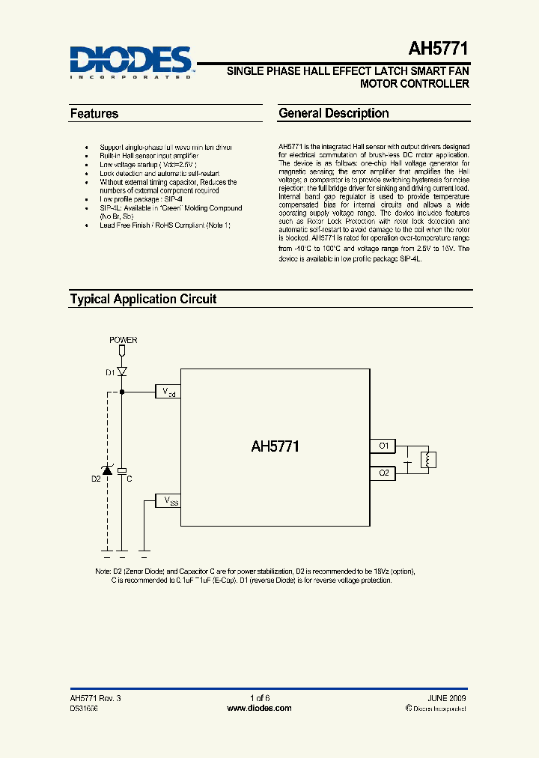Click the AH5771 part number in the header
click(439, 49)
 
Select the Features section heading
click(94, 114)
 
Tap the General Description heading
click(334, 114)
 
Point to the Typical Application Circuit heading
click(143, 299)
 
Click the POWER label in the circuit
click(124, 340)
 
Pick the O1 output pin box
click(383, 446)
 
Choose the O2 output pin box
click(383, 473)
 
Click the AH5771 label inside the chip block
click(275, 446)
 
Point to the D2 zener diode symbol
click(107, 470)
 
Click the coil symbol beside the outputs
click(427, 460)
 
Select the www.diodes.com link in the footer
click(259, 708)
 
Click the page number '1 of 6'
click(259, 697)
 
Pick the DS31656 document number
click(83, 708)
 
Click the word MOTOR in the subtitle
click(380, 84)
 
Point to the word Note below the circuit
click(103, 571)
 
